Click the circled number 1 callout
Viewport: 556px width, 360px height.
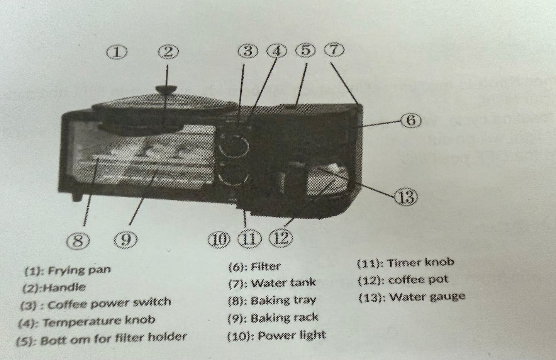tap(117, 52)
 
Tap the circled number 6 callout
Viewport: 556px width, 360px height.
tap(411, 121)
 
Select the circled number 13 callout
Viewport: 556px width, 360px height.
tap(406, 197)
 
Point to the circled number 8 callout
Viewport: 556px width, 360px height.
tap(78, 241)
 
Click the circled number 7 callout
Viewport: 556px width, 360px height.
tap(334, 50)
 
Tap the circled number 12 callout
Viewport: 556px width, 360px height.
tap(281, 238)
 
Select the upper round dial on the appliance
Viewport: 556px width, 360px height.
tap(234, 146)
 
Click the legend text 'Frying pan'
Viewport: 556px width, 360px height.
tap(79, 270)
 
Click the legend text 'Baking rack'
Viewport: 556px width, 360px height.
tap(284, 318)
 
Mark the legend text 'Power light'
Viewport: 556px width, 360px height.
tap(292, 335)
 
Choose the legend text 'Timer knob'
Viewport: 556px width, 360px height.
tap(420, 262)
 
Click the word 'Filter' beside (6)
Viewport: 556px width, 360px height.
tap(266, 267)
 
